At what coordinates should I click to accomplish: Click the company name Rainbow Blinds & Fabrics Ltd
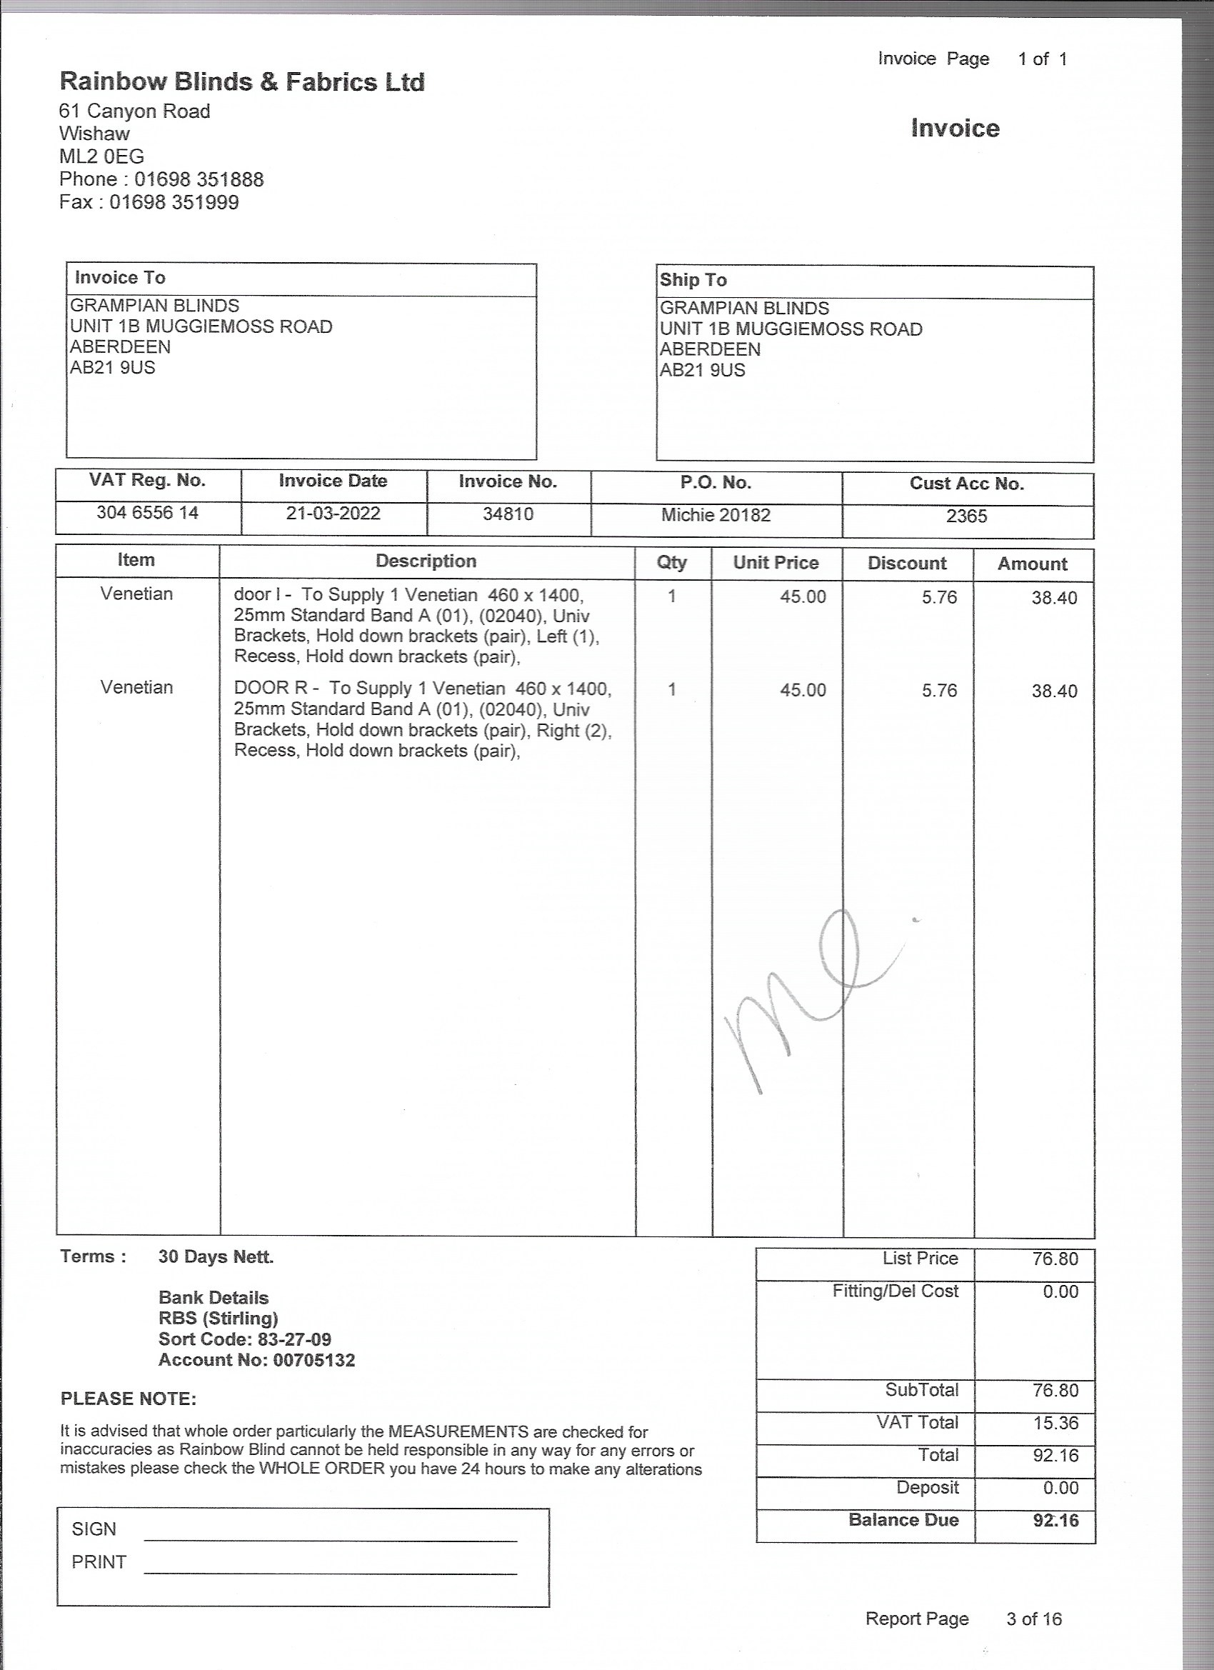pos(241,81)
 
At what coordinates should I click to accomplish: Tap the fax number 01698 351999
pos(174,202)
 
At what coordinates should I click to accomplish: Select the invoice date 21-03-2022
pos(333,514)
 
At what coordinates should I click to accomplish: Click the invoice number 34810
pos(508,514)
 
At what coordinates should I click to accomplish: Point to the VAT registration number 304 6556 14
pos(147,512)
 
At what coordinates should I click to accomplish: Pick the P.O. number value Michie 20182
pos(716,515)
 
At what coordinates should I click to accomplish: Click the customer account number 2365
pos(966,516)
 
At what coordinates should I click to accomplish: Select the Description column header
pos(426,561)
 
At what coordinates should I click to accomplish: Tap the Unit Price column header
pos(776,563)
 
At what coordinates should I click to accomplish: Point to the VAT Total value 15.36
pos(1055,1423)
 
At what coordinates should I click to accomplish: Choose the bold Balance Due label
pos(903,1520)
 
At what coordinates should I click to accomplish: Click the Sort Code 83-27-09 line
pos(244,1339)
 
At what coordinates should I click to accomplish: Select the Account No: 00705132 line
pos(256,1359)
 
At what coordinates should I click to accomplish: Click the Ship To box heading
pos(693,280)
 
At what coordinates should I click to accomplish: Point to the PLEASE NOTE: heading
pos(128,1399)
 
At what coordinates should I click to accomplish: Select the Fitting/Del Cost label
pos(896,1291)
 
